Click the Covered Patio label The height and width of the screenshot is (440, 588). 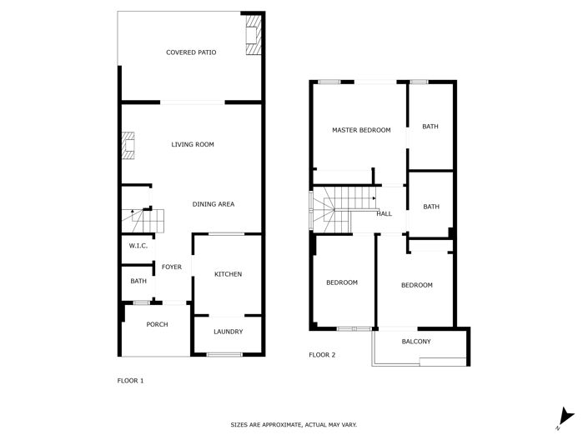click(191, 52)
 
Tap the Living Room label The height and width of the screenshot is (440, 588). click(193, 145)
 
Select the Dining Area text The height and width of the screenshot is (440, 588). click(213, 205)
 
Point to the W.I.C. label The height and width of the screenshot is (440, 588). click(138, 246)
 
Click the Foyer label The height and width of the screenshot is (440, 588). click(172, 267)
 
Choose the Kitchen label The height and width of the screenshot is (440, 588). click(228, 275)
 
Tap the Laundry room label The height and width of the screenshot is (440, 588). click(228, 332)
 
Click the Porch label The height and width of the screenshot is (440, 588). click(157, 325)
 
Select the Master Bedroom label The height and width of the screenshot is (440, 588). click(361, 130)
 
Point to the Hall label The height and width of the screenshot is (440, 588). click(384, 214)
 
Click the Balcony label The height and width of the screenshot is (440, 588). click(416, 342)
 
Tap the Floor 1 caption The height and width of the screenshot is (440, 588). click(130, 381)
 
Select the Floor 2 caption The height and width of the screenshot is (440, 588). click(322, 355)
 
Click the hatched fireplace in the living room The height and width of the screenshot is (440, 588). click(128, 146)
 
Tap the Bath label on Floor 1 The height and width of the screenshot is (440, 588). click(138, 282)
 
